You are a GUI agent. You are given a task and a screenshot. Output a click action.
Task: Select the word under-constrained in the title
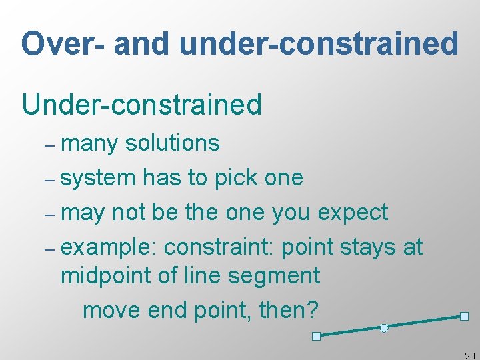pyautogui.click(x=319, y=44)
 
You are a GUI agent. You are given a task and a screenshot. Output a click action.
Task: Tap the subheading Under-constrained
pyautogui.click(x=142, y=105)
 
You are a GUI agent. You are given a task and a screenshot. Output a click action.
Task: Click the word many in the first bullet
pyautogui.click(x=93, y=143)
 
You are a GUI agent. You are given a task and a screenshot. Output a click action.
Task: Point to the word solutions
pyautogui.click(x=172, y=143)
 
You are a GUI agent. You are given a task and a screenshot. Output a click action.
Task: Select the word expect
pyautogui.click(x=353, y=213)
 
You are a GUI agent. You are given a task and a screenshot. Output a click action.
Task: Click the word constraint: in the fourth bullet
pyautogui.click(x=219, y=247)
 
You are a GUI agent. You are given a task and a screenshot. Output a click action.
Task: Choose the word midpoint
pyautogui.click(x=105, y=276)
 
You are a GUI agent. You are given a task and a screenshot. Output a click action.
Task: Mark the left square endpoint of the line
pyautogui.click(x=317, y=336)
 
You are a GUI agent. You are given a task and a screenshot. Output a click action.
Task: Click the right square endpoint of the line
pyautogui.click(x=464, y=316)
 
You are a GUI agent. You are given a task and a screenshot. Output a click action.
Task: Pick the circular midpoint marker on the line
pyautogui.click(x=384, y=327)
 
